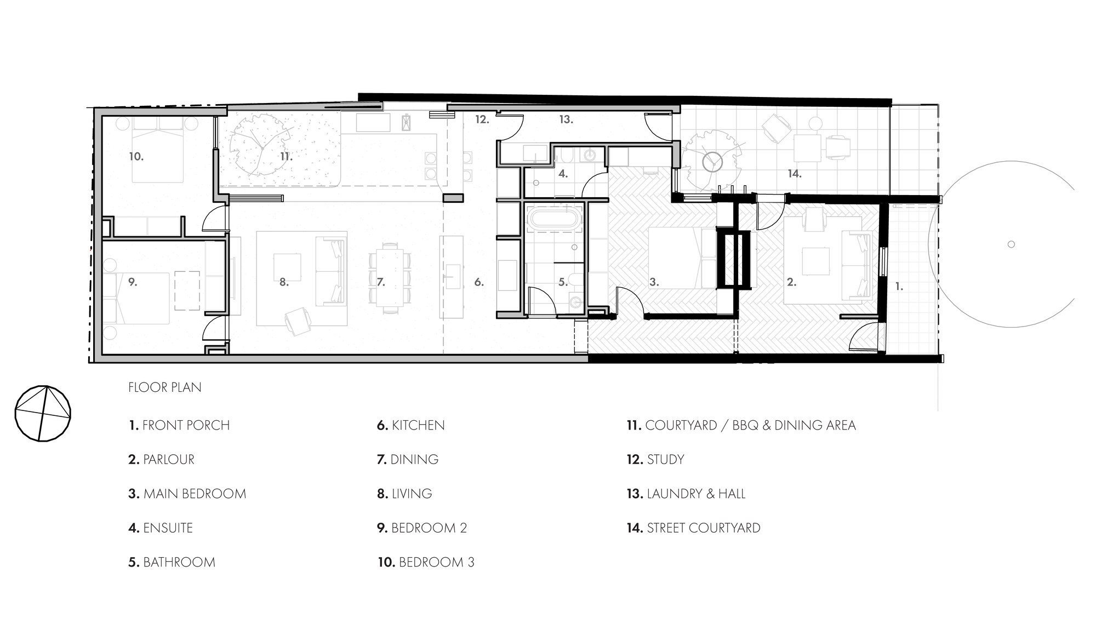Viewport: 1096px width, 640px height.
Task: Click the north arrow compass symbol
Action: tap(43, 414)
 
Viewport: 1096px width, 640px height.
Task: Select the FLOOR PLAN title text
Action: tap(164, 387)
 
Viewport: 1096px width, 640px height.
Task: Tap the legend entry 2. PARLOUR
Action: tap(161, 459)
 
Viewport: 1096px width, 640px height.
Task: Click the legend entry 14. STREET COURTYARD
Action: tap(693, 528)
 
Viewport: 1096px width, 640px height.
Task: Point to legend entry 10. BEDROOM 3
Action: tap(426, 562)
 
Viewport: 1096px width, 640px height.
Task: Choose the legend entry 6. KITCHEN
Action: tap(410, 425)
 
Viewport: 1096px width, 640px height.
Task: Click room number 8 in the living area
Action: tap(284, 282)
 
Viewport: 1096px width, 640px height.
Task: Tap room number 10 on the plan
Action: tap(136, 156)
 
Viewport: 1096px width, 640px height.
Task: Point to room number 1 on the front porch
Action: tap(899, 286)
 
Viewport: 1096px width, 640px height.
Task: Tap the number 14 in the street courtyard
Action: tap(795, 174)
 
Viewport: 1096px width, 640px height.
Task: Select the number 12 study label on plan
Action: tap(482, 119)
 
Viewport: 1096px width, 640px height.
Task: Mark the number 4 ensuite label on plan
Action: tap(563, 174)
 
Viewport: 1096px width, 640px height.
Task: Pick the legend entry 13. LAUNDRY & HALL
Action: tap(686, 494)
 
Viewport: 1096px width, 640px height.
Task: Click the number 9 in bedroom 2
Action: tap(132, 282)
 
